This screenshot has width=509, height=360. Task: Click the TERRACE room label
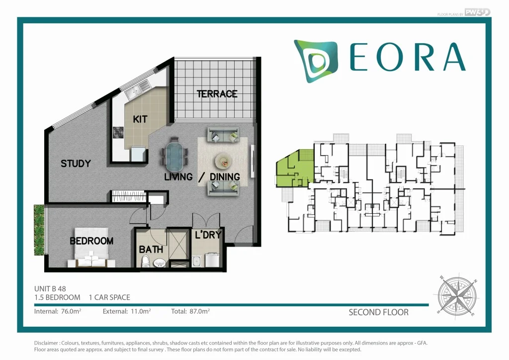coord(217,93)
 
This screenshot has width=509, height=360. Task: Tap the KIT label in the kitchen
coord(140,119)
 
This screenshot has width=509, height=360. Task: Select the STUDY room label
coord(76,163)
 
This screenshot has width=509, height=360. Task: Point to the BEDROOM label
coord(91,241)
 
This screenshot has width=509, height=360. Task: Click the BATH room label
coord(149,249)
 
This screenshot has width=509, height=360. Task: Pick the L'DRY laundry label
coord(208,235)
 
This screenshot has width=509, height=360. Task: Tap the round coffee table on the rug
coord(223,161)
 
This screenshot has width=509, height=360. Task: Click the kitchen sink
coord(135,91)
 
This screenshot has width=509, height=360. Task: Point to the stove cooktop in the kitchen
coord(118,133)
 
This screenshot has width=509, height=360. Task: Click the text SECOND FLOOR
coord(378,312)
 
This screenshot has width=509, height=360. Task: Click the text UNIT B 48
coord(50,288)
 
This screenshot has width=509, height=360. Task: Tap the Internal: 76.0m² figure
coord(58,312)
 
